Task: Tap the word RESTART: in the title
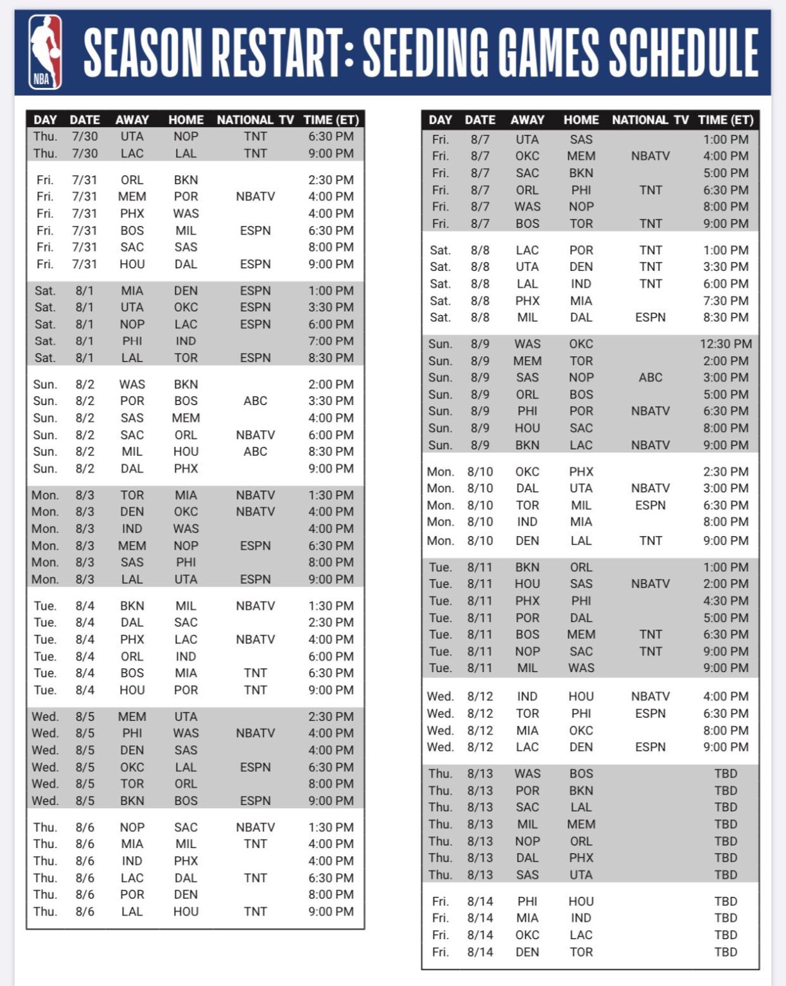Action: point(283,53)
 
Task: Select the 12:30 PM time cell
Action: point(726,344)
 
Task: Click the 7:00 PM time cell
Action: point(331,341)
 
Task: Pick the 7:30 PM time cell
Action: point(726,300)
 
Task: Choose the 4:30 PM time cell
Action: point(726,601)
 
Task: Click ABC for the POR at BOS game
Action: point(255,401)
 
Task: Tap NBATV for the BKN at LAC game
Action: point(650,445)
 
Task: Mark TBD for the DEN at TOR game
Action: point(726,952)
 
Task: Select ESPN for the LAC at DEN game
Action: point(650,747)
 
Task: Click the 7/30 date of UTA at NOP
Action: point(85,136)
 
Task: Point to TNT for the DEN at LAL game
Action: point(650,541)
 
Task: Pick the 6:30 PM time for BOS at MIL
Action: point(331,230)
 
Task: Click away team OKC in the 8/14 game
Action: point(527,935)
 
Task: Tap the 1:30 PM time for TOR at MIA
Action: point(331,495)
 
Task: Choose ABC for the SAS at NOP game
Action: point(650,377)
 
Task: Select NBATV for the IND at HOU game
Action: point(650,696)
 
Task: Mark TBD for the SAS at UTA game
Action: point(726,875)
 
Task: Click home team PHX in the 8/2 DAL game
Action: point(186,469)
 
